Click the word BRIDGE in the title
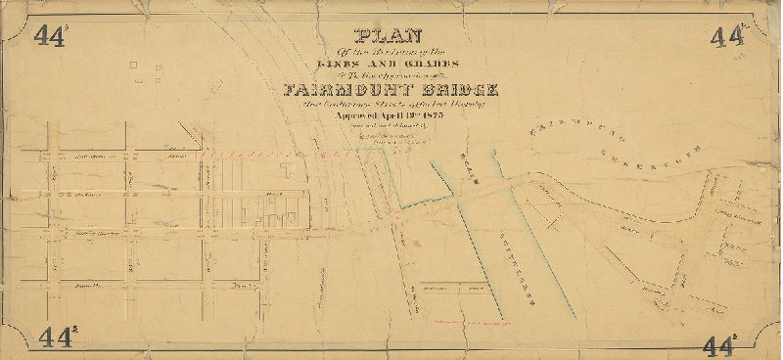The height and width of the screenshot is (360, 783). click(461, 91)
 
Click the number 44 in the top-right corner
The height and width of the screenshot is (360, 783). click(726, 37)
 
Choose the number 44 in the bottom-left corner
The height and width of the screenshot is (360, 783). click(57, 338)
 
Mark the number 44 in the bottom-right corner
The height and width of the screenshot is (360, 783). click(720, 344)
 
